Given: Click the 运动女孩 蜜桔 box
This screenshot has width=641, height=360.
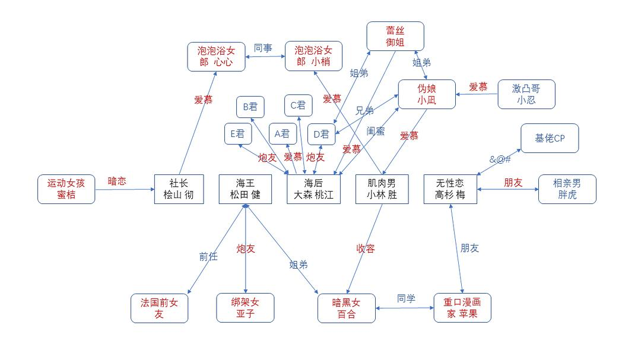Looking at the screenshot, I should [66, 189].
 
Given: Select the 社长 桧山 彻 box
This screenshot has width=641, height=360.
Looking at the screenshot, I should [179, 189].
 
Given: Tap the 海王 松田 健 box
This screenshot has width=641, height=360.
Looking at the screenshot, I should [245, 189].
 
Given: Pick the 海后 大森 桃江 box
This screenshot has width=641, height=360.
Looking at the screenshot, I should [314, 189].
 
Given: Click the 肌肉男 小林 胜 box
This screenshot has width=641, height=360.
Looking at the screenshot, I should [382, 189].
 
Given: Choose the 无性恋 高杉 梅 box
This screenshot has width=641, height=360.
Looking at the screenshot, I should [450, 189].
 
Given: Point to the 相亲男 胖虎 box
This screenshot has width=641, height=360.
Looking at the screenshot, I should [567, 189].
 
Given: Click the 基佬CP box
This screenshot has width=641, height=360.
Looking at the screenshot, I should [549, 138].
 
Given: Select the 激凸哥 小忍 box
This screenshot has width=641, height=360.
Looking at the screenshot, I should [526, 94].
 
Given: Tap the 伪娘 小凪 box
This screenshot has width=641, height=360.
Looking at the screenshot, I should [427, 94].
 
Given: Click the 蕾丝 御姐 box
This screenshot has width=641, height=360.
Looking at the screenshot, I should [395, 36].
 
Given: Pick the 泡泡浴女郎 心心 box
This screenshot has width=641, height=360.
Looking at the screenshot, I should [216, 56].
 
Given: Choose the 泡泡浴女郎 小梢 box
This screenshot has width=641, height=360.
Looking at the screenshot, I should [313, 56].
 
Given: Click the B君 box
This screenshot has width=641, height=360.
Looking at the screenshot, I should [250, 107].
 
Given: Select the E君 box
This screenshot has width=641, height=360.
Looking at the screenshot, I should [238, 134].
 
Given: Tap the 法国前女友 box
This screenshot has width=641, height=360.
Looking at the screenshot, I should [159, 308].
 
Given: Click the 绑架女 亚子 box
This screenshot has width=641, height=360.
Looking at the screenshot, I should [245, 308].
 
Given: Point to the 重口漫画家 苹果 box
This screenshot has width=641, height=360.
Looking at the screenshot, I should [462, 308].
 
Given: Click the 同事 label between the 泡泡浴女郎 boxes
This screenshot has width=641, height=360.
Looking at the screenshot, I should [263, 48].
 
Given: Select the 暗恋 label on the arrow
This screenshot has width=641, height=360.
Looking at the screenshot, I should [117, 181].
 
